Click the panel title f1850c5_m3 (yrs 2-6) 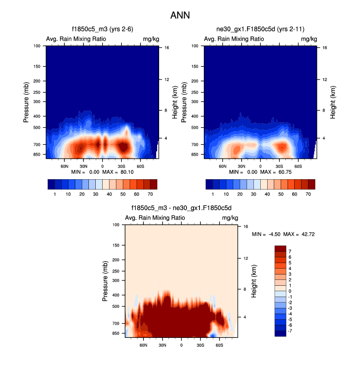pos(102,29)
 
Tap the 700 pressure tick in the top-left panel pos(38,145)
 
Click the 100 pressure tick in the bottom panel pos(117,225)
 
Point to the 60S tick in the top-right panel pos(298,166)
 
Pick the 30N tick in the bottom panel pos(163,345)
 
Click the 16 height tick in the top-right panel pos(325,48)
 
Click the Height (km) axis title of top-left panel pos(174,102)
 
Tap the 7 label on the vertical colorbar pos(290,251)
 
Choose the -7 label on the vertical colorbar pos(291,331)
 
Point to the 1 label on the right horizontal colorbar pos(213,194)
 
